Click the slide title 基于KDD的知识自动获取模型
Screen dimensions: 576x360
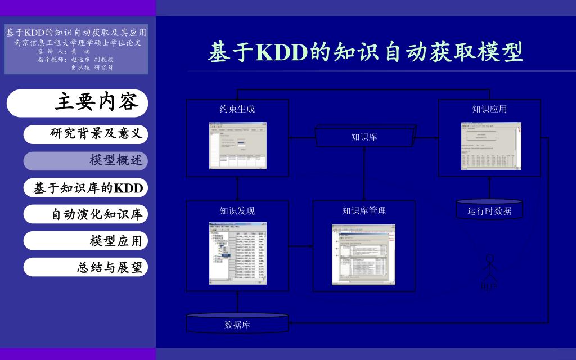click(x=366, y=52)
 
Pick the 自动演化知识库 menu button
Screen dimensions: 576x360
click(x=85, y=214)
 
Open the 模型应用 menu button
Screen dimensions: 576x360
click(x=85, y=241)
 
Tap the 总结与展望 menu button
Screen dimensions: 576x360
click(x=85, y=267)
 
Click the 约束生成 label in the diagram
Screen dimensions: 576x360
click(x=237, y=109)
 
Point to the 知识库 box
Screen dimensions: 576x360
click(x=364, y=136)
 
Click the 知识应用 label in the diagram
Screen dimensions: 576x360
click(x=489, y=109)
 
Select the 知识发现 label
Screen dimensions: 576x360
click(x=237, y=211)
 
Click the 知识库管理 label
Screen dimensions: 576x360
click(x=364, y=211)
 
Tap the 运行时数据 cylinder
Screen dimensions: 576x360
click(x=489, y=210)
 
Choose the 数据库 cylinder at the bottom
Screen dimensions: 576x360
click(x=237, y=324)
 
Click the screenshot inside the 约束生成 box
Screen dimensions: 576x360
click(x=238, y=146)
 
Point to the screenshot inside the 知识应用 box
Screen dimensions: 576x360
click(x=491, y=146)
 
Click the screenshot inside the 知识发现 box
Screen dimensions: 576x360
click(x=238, y=253)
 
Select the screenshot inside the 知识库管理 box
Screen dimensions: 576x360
click(x=363, y=254)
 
